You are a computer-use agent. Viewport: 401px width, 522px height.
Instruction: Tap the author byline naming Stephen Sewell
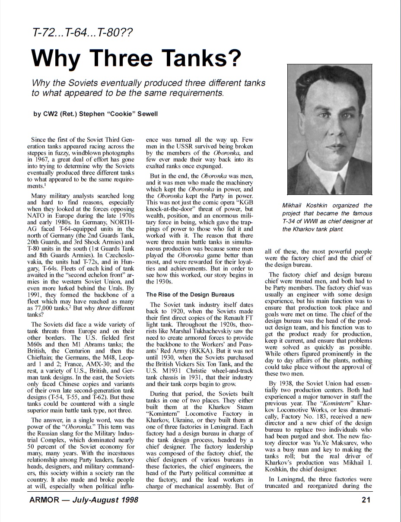click(x=95, y=114)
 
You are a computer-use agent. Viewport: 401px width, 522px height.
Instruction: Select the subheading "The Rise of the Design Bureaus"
click(x=190, y=295)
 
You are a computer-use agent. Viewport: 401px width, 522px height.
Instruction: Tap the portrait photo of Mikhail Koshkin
click(x=330, y=130)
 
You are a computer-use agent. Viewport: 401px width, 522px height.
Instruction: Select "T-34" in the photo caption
click(x=290, y=221)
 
